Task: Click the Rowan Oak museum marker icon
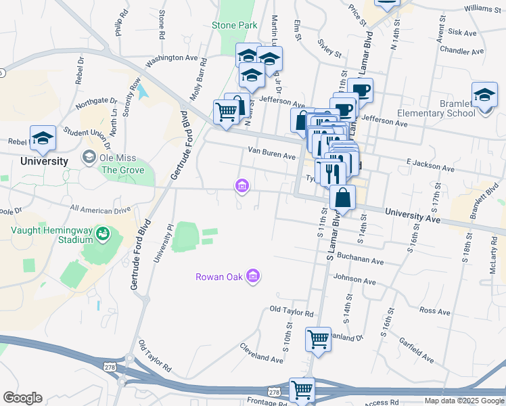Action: tap(253, 276)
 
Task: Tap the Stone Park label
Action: tap(235, 25)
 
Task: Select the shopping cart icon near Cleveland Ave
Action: tap(318, 339)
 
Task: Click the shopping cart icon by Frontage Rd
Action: tap(302, 390)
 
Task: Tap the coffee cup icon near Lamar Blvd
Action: tap(361, 90)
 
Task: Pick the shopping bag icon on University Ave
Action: tap(343, 198)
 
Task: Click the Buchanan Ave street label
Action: tap(360, 261)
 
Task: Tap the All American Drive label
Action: tap(100, 210)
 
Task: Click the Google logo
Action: tap(22, 398)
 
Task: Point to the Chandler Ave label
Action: tap(461, 51)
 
